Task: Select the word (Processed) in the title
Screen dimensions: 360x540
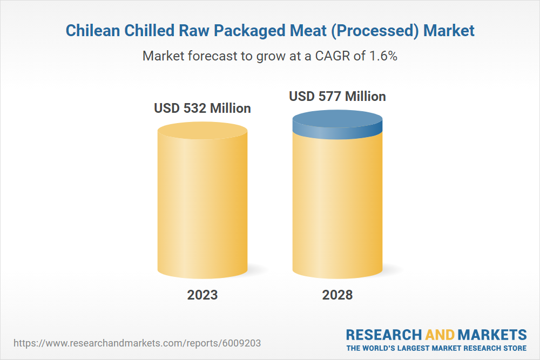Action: (x=376, y=31)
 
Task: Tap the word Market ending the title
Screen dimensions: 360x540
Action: (x=449, y=31)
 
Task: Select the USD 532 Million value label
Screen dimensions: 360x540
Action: (x=202, y=108)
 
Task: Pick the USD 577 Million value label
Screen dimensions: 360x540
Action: (x=337, y=97)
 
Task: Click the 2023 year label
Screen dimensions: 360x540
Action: (x=202, y=295)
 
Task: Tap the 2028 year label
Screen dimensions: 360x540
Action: (x=337, y=295)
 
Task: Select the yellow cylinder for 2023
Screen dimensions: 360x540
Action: (x=202, y=205)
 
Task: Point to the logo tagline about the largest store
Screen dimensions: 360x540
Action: (x=436, y=348)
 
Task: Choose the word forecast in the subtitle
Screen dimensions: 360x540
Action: (x=211, y=56)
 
